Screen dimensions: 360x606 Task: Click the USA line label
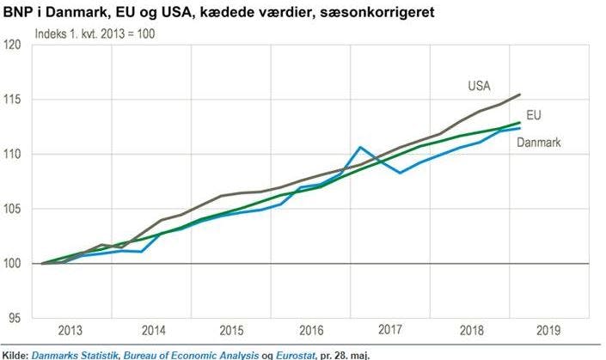pos(480,86)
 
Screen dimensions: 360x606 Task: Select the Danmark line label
pos(539,142)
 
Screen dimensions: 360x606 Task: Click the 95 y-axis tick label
pos(15,319)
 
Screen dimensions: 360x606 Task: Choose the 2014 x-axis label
pos(152,330)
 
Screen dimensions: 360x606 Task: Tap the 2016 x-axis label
pos(311,330)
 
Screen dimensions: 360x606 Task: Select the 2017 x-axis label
pos(390,330)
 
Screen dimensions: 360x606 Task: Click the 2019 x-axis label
pos(548,330)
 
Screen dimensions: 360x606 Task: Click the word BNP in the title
pos(17,12)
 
